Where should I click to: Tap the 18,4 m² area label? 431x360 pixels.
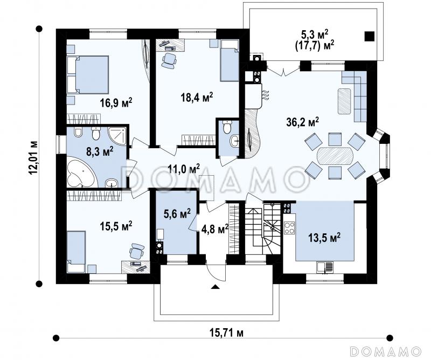(197, 97)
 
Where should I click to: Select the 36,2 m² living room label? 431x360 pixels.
(302, 122)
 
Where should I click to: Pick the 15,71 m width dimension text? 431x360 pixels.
(226, 333)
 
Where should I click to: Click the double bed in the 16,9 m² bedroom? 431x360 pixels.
(88, 75)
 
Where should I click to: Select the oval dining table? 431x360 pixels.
(335, 156)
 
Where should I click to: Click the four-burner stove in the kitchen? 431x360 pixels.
(289, 227)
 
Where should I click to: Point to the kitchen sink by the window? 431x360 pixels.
(325, 266)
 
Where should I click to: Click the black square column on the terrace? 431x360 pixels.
(370, 36)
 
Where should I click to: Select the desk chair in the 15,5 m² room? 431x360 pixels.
(137, 251)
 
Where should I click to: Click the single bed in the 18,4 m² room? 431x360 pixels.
(230, 60)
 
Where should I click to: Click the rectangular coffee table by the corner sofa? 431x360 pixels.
(344, 101)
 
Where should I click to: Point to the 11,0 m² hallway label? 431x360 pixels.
(184, 169)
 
